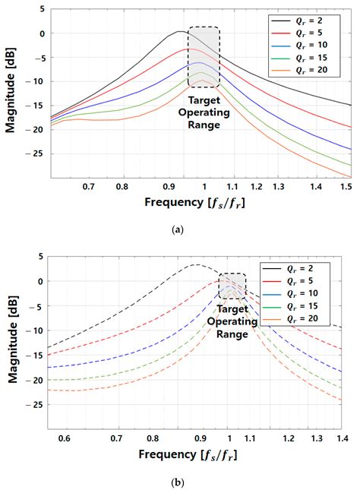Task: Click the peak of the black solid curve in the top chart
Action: click(179, 32)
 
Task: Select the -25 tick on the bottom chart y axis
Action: click(32, 405)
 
